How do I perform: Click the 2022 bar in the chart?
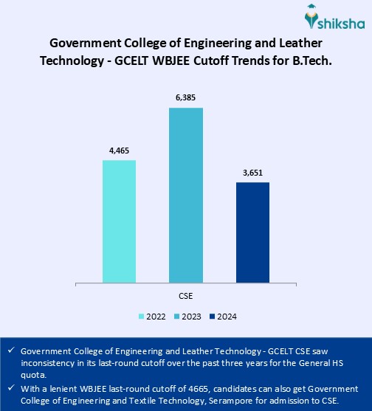119,221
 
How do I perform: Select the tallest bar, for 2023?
186,195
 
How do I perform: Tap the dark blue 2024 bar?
252,232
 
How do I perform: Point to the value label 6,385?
186,99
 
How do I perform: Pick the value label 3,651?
252,173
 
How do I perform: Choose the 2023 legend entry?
189,317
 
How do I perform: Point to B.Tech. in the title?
309,61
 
